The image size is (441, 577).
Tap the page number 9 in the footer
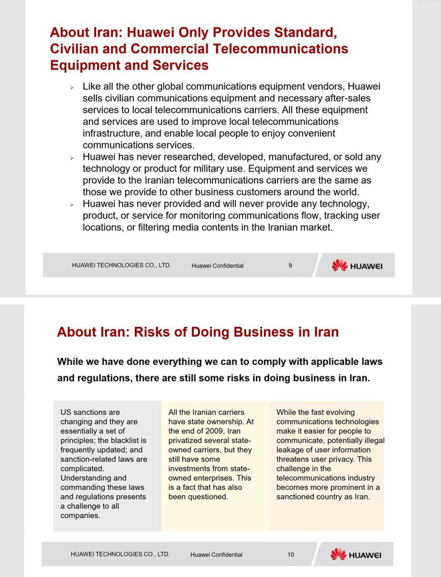pos(290,265)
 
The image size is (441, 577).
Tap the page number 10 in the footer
pos(291,554)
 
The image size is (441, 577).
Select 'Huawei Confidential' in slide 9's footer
pos(217,266)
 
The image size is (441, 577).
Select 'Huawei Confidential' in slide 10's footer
pos(216,555)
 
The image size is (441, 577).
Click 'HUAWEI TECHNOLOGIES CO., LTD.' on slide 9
pos(122,265)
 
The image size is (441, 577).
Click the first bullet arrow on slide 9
pos(71,88)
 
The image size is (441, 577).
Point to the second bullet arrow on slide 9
pos(71,158)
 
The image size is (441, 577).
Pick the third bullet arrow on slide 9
pos(71,205)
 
